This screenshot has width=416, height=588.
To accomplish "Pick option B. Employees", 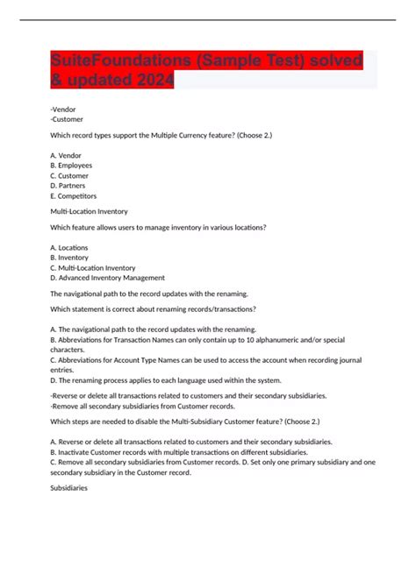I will tap(71, 165).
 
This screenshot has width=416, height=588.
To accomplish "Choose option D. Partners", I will tap(68, 185).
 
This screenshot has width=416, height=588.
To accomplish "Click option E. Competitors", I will tap(74, 195).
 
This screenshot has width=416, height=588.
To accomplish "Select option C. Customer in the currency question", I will tap(69, 175).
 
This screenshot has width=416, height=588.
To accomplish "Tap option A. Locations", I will tap(69, 248).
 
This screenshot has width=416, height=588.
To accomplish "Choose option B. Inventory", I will tap(69, 258).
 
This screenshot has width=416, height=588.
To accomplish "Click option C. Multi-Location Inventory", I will tap(93, 268).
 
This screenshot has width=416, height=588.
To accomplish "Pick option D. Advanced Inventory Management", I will tap(108, 279).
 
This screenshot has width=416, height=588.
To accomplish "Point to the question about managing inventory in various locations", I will tap(158, 227).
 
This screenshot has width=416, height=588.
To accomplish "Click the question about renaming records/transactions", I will tap(154, 308).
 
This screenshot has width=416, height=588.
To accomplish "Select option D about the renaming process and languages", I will tap(166, 380).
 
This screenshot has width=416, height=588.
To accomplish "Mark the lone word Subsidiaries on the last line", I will tap(69, 488).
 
